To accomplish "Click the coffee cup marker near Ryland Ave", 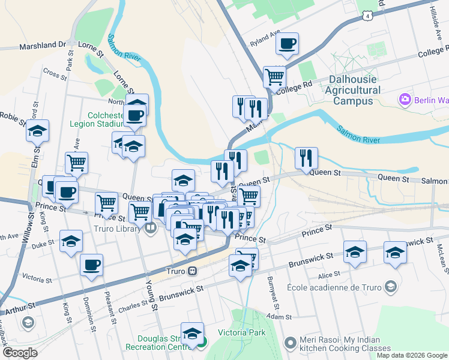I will click(x=287, y=43).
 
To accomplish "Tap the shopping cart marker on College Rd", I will click(x=274, y=76).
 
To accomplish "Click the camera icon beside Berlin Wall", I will click(x=405, y=98).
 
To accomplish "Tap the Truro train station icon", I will click(x=192, y=271).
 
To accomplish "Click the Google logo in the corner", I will click(x=20, y=353).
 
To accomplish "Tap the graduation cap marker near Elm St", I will click(x=38, y=130).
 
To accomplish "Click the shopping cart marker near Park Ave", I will click(x=76, y=162).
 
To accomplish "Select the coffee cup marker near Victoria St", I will click(x=91, y=265).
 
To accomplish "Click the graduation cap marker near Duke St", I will click(x=71, y=241).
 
